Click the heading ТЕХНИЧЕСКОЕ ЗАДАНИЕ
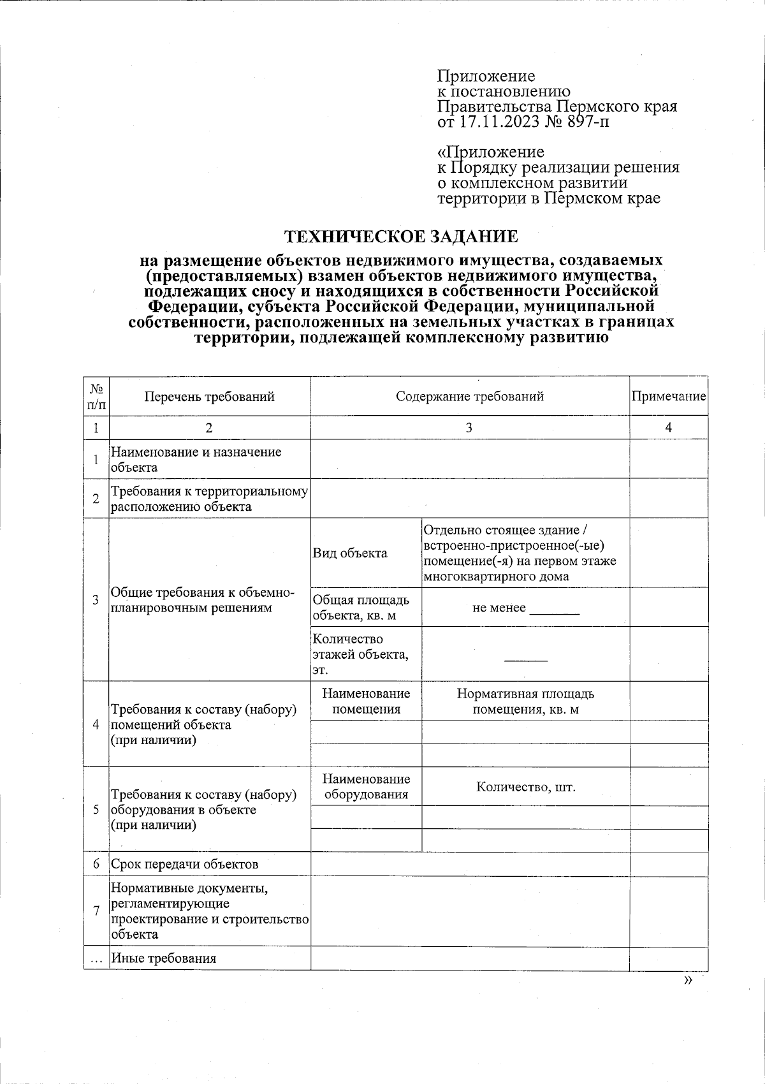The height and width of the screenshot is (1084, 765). point(401,237)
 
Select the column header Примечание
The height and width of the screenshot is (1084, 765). point(669,397)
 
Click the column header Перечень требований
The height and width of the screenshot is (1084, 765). point(209,397)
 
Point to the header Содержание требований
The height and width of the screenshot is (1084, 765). point(470,397)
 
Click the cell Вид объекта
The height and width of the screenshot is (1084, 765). point(350,553)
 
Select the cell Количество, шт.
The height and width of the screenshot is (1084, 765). point(526,787)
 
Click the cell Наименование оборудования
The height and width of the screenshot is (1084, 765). point(366,787)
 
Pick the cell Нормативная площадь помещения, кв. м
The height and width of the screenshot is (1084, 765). point(526,701)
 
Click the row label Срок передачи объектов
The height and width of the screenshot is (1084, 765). point(185,865)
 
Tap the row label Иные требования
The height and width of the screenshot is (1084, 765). point(164,958)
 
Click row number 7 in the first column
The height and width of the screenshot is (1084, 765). point(96,911)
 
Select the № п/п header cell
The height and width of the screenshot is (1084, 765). point(96,397)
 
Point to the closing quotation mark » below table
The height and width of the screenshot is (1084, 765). point(687,981)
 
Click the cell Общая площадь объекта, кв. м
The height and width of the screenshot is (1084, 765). point(361,608)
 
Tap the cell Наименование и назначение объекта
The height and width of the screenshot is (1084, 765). point(196,459)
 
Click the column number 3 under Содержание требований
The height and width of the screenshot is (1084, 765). point(469,428)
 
